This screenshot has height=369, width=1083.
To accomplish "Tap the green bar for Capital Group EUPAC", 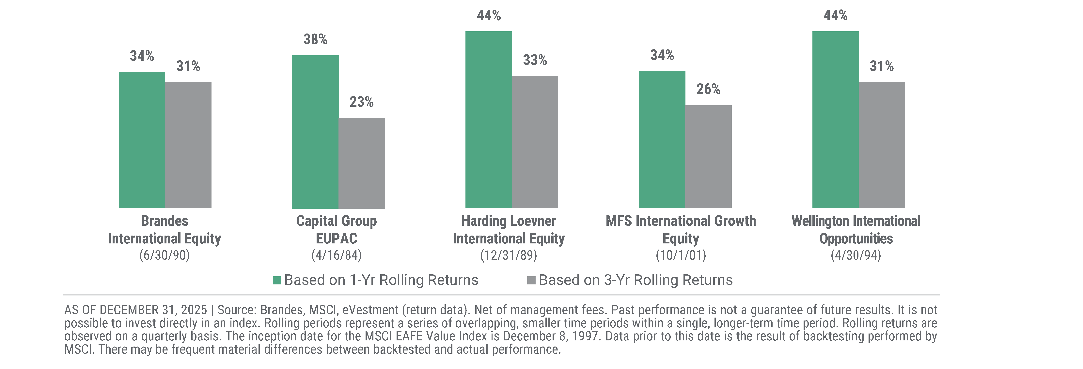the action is point(315,132).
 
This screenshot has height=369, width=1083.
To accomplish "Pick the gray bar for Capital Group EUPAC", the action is point(362,163).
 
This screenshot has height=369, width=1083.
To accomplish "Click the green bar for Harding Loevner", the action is point(489,120).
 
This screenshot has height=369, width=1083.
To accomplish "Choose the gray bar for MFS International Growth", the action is point(708,157).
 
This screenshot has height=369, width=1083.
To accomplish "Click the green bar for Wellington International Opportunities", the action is point(835,120).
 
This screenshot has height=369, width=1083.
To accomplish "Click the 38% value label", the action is point(315,39).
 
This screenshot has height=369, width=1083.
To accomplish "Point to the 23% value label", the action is point(362,102).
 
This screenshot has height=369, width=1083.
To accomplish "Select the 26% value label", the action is point(708,89).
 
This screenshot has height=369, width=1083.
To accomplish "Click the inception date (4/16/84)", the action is point(336,255).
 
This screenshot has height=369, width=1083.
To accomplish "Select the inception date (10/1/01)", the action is point(681,255).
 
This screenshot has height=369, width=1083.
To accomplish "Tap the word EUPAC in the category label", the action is point(336,239).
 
